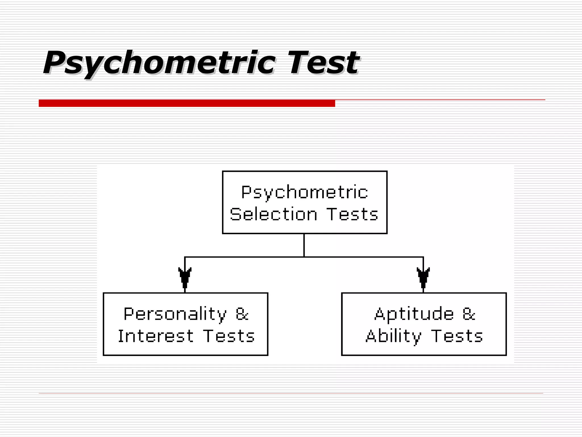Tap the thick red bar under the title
tap(187, 103)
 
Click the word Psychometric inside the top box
tap(304, 192)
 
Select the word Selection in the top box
tap(273, 214)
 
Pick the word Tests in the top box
tap(352, 214)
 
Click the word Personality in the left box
tap(175, 314)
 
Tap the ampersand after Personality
tap(242, 314)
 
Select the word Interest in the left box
tap(156, 336)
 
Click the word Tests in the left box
tap(229, 336)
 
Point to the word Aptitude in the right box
tap(414, 314)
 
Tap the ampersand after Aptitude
tap(469, 314)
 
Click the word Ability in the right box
tap(393, 336)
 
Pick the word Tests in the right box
tap(457, 336)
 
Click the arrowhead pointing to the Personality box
tap(185, 277)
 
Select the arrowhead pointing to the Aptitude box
tap(423, 277)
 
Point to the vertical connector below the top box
tap(304, 245)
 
